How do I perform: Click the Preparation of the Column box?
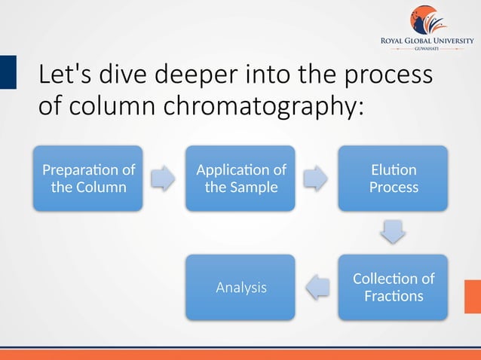point(87,178)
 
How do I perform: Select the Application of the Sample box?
point(240,178)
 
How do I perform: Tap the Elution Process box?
point(393,178)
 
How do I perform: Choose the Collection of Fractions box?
point(393,287)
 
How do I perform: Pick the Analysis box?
point(240,287)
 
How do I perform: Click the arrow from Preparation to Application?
point(163,178)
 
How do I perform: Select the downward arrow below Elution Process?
point(393,232)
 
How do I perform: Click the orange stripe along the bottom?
point(240,355)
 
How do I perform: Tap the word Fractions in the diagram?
point(393,296)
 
